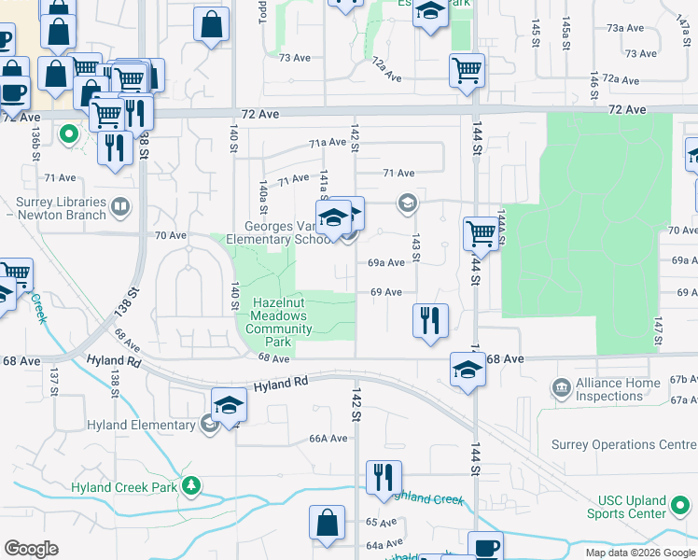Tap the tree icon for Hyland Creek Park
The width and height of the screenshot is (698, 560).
pyautogui.click(x=191, y=486)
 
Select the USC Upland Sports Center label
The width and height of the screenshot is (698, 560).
pyautogui.click(x=626, y=507)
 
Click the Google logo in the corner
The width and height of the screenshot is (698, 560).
pyautogui.click(x=31, y=549)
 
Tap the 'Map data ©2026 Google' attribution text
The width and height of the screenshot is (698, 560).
pyautogui.click(x=639, y=553)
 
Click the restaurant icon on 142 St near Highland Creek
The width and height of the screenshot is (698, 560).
pyautogui.click(x=384, y=477)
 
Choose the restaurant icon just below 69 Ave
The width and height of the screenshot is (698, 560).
pyautogui.click(x=430, y=320)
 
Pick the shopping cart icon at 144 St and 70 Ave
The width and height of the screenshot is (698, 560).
pyautogui.click(x=481, y=233)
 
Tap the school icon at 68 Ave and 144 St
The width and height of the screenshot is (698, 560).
pyautogui.click(x=468, y=369)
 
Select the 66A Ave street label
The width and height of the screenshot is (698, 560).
pyautogui.click(x=328, y=439)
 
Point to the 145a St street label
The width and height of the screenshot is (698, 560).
pyautogui.click(x=565, y=33)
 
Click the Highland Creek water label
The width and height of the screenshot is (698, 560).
pyautogui.click(x=430, y=499)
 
